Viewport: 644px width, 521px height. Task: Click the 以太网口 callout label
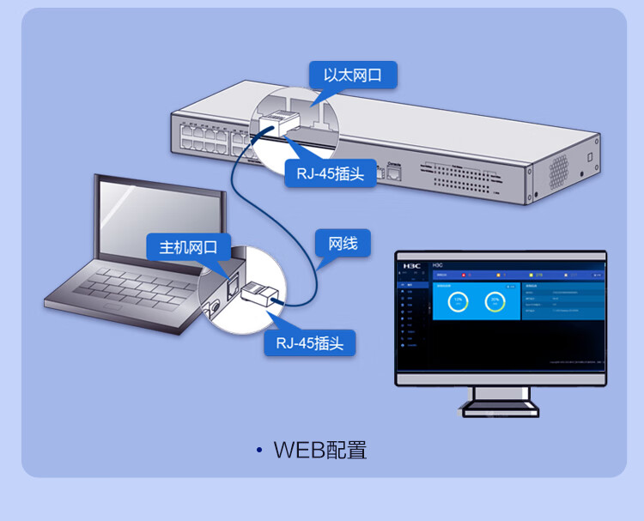353,75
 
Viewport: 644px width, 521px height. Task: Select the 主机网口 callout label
188,248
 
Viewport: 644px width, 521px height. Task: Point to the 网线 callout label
343,244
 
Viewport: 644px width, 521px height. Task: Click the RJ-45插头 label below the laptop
309,343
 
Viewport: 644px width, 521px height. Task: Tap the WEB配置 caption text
320,450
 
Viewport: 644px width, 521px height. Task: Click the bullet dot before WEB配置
258,451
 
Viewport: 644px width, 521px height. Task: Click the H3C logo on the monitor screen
412,264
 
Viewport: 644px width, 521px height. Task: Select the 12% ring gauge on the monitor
459,301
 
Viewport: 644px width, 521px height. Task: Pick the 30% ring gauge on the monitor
494,301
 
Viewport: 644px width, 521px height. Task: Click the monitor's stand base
500,407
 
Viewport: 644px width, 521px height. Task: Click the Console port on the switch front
396,170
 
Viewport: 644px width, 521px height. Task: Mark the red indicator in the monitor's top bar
465,275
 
